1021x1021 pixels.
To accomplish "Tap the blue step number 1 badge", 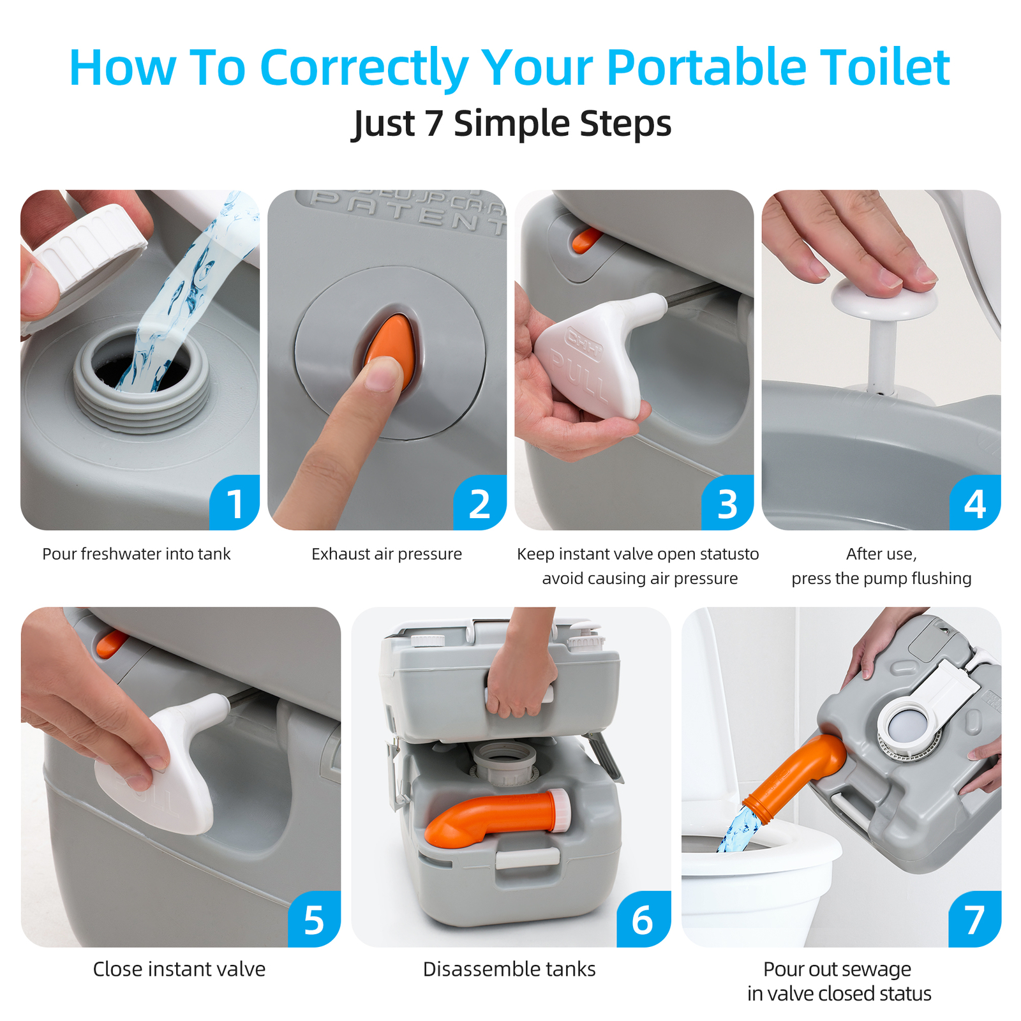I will coord(235,504).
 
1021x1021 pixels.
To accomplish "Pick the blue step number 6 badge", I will coord(643,920).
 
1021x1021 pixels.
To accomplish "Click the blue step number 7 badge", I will coord(974,920).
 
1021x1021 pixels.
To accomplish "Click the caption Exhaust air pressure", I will coord(386,554).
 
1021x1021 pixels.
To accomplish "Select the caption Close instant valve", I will coord(179,969).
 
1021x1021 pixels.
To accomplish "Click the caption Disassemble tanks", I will coord(509,969).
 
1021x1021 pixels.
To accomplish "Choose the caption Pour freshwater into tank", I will coord(136,554).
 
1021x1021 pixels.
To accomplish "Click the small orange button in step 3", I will coord(586,240).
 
